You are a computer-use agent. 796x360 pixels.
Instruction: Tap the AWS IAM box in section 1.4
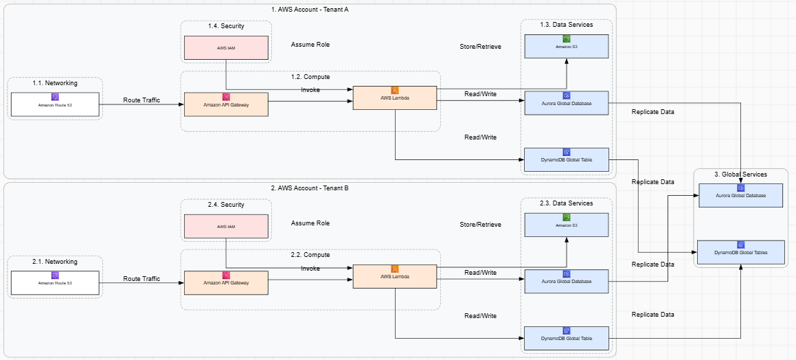[x=226, y=47]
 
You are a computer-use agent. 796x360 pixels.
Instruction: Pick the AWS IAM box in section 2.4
[x=226, y=226]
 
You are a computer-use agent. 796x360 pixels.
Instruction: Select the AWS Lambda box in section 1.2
[x=395, y=98]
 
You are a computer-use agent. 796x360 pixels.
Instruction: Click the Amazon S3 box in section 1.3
[x=567, y=46]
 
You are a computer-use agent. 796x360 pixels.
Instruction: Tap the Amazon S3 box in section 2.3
[x=567, y=225]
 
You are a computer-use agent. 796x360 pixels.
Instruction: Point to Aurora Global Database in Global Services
[x=741, y=195]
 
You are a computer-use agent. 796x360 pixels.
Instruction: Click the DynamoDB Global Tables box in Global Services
[x=741, y=252]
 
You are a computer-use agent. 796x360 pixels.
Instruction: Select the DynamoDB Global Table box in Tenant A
[x=567, y=159]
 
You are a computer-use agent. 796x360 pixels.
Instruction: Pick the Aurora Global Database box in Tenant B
[x=567, y=282]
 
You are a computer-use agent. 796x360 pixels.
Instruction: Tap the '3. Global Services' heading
[x=741, y=175]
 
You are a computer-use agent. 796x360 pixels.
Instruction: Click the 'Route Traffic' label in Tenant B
[x=141, y=279]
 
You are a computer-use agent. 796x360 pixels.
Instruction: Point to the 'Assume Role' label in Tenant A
[x=310, y=45]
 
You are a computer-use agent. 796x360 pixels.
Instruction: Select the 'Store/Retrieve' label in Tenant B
[x=480, y=225]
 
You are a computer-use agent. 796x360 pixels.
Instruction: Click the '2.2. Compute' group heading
[x=310, y=255]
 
